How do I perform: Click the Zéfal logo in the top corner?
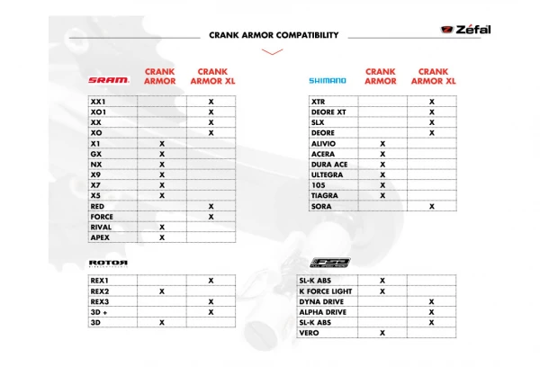click(x=468, y=31)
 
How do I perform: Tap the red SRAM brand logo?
click(x=109, y=80)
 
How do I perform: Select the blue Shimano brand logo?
click(x=328, y=80)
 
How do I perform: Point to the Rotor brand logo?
click(x=109, y=264)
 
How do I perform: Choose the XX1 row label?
click(x=98, y=102)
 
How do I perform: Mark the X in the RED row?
click(x=211, y=206)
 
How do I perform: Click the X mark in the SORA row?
click(x=431, y=206)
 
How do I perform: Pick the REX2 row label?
click(x=100, y=291)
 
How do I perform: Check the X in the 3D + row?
click(x=211, y=312)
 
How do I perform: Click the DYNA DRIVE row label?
click(x=324, y=302)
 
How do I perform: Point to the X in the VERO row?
click(x=382, y=333)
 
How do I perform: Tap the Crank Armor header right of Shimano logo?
click(x=381, y=76)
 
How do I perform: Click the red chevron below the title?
click(x=271, y=52)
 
